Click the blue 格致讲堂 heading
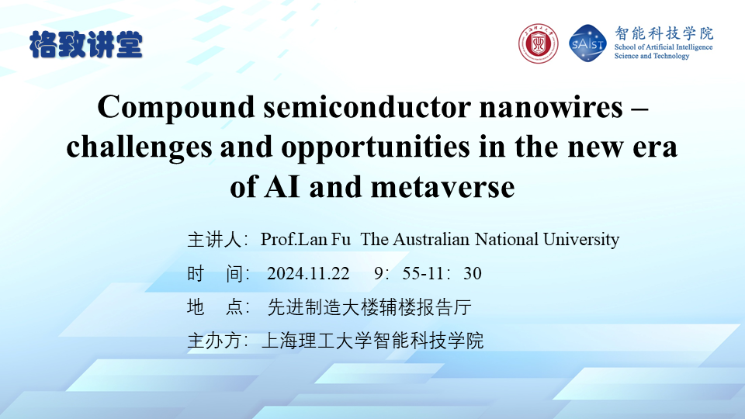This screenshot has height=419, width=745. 86,45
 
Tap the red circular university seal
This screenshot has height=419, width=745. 538,43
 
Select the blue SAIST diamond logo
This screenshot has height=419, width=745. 587,43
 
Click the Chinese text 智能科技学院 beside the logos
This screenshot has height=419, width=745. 664,33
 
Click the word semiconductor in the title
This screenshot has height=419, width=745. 367,107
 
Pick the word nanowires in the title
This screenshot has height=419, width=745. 551,107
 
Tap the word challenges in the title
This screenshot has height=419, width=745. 139,147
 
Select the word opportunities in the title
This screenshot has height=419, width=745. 376,147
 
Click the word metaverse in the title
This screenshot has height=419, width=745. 443,187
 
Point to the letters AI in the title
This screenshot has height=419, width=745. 282,187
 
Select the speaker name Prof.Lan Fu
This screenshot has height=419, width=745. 306,240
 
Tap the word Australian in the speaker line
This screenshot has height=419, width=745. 431,240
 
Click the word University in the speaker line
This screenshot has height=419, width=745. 581,240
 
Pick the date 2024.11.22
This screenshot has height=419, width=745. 308,274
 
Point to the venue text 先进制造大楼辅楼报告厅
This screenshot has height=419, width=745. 369,307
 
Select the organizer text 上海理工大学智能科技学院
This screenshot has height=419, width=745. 372,341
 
